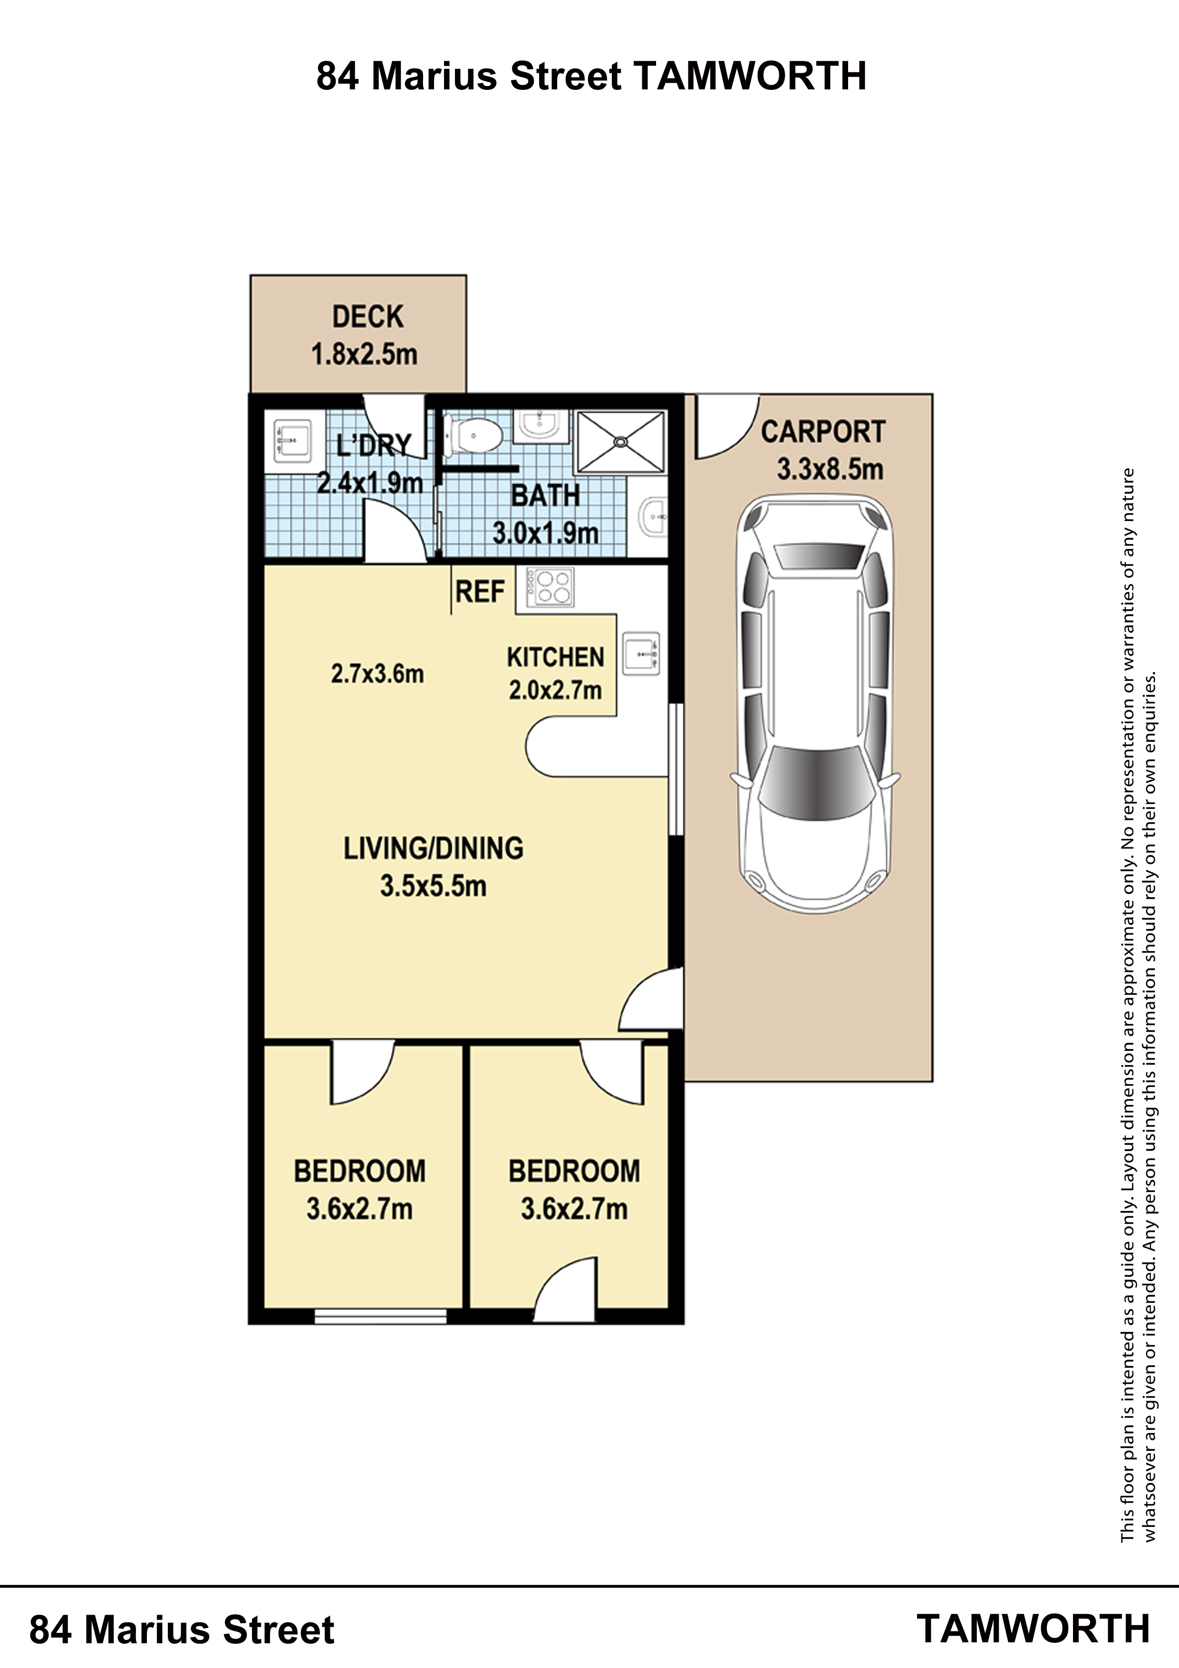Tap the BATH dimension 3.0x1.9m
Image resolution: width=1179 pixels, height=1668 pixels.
point(546,533)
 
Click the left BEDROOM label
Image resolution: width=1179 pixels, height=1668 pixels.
point(359,1171)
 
